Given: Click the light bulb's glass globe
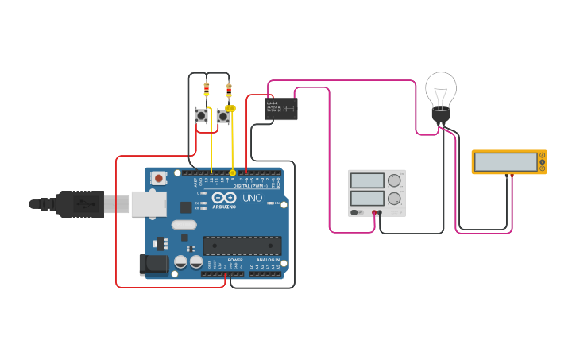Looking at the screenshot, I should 441,87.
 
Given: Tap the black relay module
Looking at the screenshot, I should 280,108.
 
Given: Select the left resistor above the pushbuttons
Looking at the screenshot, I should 207,89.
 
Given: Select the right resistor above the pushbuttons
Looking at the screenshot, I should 229,91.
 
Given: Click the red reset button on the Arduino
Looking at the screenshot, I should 158,178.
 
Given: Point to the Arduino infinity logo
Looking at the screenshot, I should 225,197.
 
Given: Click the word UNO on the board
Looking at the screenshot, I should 252,198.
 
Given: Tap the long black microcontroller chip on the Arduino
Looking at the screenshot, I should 242,246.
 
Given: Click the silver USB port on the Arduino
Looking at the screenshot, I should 148,204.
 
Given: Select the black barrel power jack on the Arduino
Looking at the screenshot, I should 153,265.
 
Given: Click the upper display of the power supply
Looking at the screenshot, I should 367,180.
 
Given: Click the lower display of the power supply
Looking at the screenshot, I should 367,198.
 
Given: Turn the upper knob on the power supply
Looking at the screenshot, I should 394,180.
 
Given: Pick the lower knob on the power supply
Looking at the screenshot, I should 394,199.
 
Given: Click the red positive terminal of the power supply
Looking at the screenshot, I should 373,212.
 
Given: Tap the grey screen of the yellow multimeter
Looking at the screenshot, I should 504,161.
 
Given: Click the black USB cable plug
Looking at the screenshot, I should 79,203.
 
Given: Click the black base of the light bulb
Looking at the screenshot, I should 441,117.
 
